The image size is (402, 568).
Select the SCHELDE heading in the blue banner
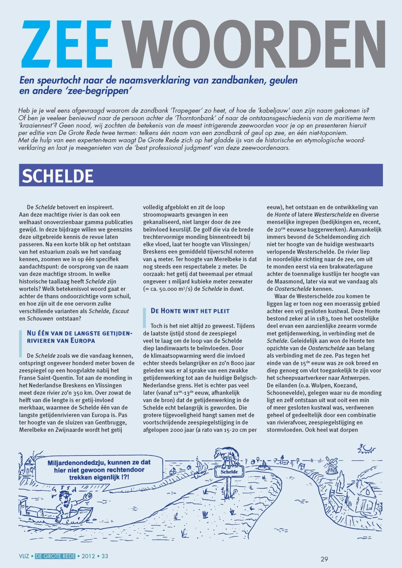coord(57,176)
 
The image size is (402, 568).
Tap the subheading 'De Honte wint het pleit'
coord(190,311)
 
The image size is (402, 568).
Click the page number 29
coord(324,559)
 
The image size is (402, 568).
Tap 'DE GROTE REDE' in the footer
coord(55,556)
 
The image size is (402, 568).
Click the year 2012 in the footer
coord(88,556)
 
